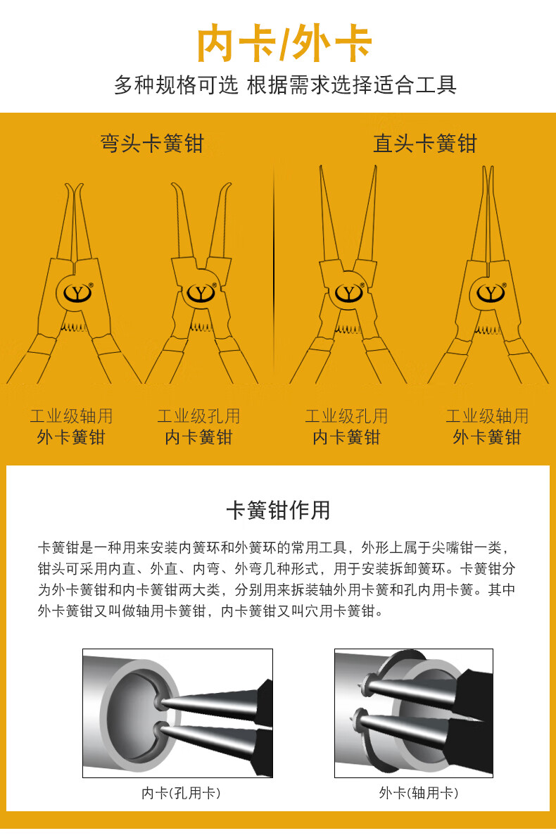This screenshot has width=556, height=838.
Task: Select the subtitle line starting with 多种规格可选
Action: pos(285,85)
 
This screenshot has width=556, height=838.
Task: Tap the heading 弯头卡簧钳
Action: pos(151,144)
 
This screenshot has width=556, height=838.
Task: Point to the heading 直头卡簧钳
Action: pos(424,144)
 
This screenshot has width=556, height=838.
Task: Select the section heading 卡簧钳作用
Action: pos(277,510)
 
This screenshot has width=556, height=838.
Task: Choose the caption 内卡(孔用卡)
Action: pos(181,793)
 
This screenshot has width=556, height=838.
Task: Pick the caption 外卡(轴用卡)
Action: pos(418,793)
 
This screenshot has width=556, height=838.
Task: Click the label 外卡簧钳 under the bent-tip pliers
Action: pos(70,437)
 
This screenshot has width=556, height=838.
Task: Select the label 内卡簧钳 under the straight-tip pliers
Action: pos(346,437)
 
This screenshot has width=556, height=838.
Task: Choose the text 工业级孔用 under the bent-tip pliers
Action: pos(198,416)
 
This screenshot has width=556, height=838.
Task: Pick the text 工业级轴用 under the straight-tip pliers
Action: pos(486,416)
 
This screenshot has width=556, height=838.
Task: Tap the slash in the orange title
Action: pos(283,44)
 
